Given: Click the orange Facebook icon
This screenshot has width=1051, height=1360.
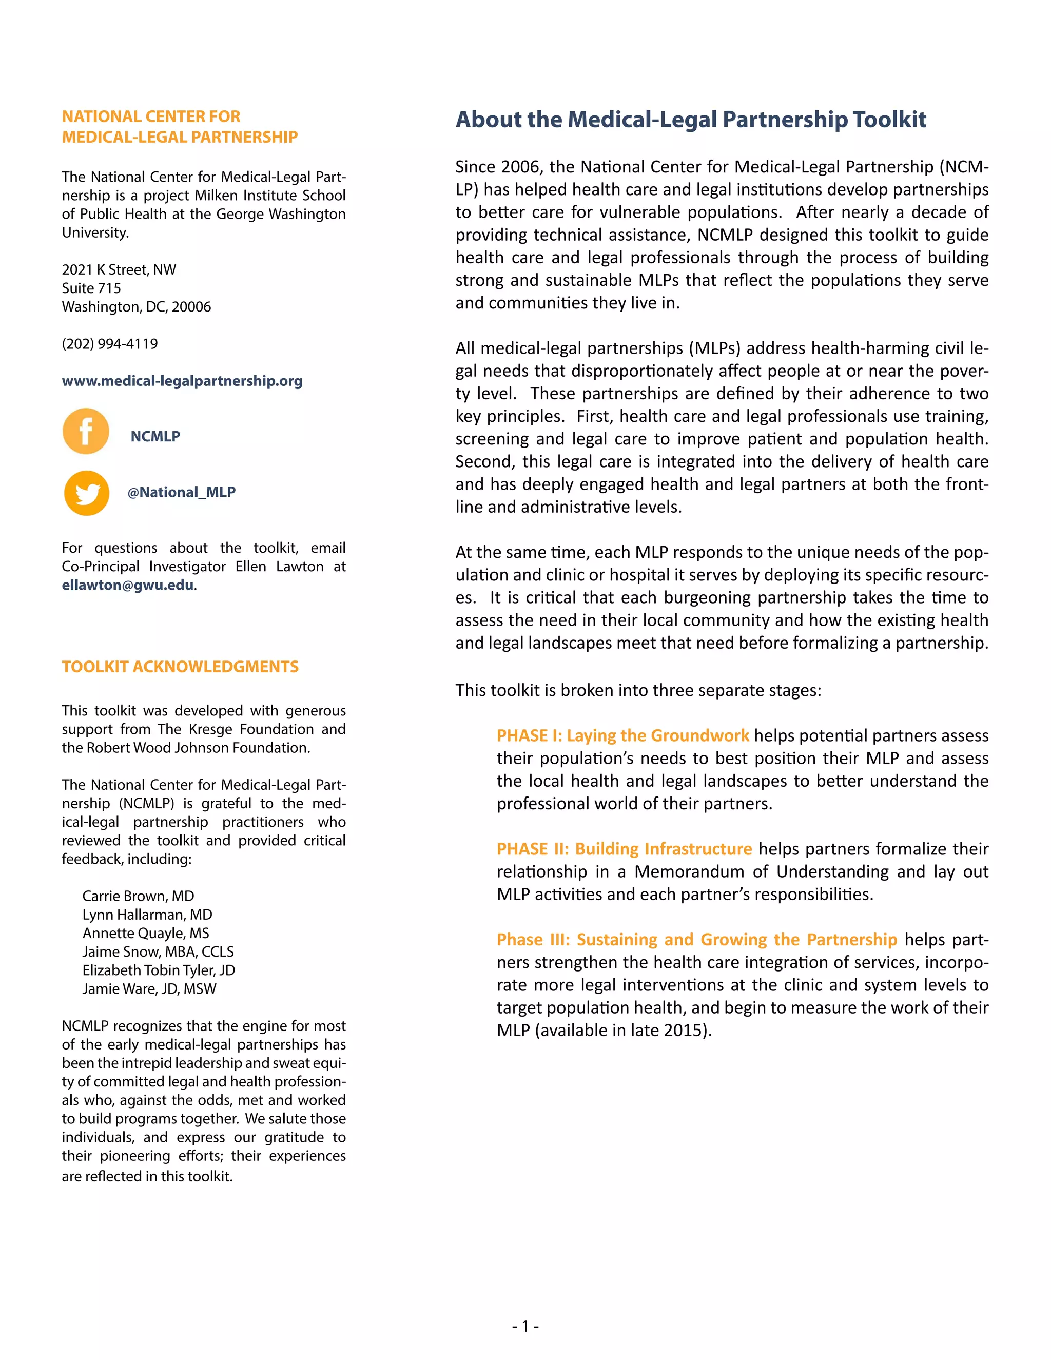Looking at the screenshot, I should click(86, 431).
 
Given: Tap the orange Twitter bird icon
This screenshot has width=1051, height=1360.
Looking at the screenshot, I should click(87, 493).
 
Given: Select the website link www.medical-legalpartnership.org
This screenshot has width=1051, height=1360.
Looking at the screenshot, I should click(182, 381).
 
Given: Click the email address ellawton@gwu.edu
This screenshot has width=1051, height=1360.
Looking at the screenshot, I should click(128, 586).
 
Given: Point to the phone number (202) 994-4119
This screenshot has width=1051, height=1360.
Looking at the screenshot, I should click(110, 344).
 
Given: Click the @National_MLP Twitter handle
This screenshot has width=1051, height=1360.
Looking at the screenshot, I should click(181, 492).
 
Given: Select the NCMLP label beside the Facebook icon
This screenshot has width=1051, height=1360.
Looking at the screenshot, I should click(155, 437).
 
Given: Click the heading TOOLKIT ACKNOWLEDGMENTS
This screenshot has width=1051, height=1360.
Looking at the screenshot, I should click(180, 667).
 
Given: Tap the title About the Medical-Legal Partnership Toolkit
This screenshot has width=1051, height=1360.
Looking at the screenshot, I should click(691, 120).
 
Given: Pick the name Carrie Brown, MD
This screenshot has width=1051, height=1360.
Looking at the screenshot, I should click(138, 896).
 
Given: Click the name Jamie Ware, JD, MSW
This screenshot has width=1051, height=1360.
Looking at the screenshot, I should click(149, 989).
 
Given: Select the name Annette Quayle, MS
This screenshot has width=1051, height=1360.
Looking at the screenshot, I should click(146, 933).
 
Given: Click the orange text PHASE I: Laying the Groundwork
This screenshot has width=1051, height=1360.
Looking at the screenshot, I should click(622, 735).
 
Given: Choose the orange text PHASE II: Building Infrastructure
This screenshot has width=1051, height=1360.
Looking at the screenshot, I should click(624, 849).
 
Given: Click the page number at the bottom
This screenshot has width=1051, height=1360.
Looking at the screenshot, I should click(525, 1326).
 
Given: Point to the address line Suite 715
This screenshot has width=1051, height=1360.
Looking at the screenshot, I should click(91, 288).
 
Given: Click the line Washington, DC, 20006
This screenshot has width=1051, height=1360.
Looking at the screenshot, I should click(137, 307).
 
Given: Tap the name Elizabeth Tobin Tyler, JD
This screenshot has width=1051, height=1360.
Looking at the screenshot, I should click(159, 970).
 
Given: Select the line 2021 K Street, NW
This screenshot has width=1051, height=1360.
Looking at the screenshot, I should click(119, 269).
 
